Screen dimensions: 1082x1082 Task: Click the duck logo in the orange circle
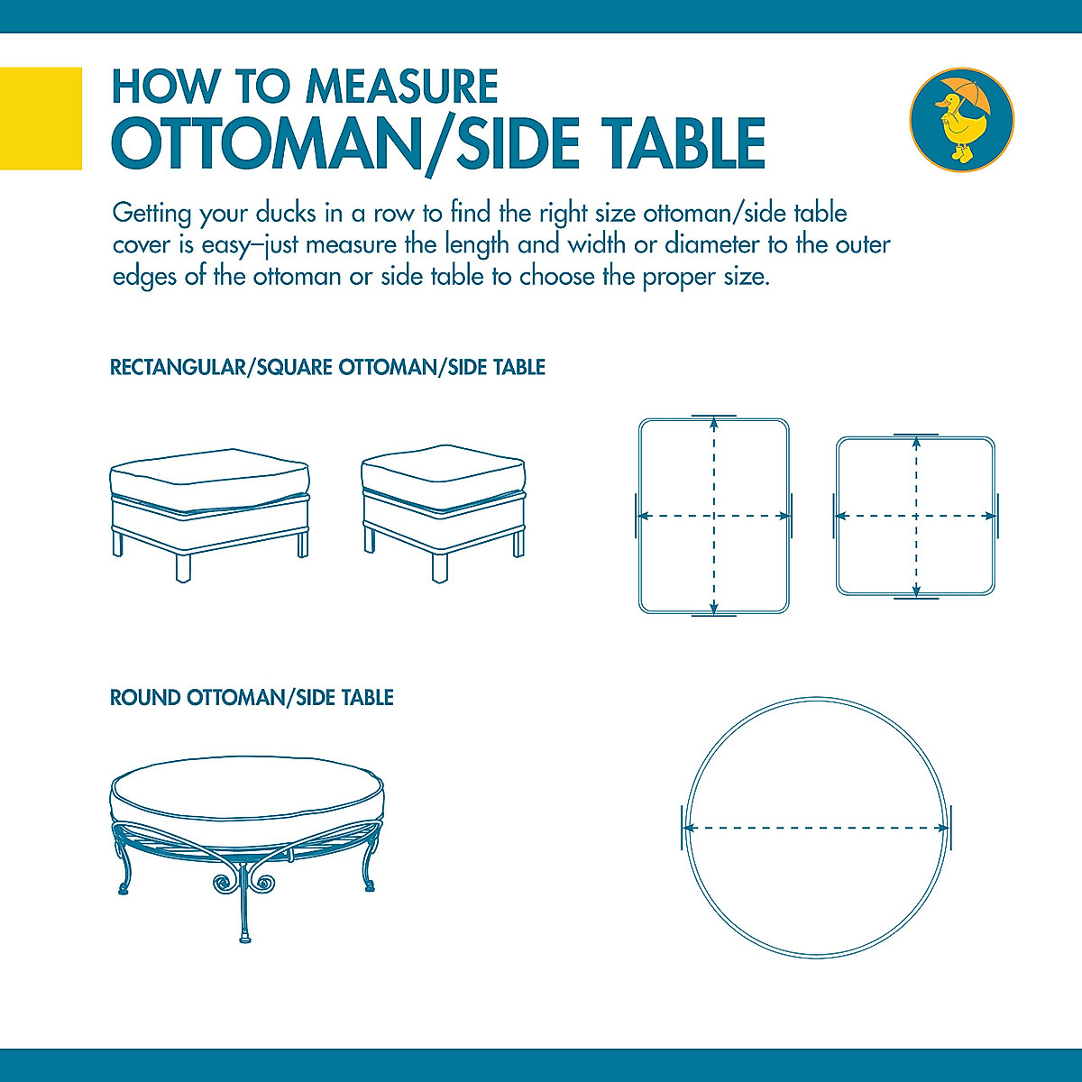[961, 119]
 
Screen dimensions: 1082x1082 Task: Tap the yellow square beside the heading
[41, 118]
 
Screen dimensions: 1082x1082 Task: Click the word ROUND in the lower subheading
[145, 698]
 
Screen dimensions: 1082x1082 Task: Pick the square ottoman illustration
[443, 509]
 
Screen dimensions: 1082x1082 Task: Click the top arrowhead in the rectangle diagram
[714, 421]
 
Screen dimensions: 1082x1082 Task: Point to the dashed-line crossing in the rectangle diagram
[714, 517]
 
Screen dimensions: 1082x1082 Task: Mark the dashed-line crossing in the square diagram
[916, 517]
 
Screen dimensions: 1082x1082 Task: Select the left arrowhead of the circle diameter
[689, 828]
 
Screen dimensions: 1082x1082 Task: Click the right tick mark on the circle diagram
[950, 828]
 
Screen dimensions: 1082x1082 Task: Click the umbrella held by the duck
[969, 95]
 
